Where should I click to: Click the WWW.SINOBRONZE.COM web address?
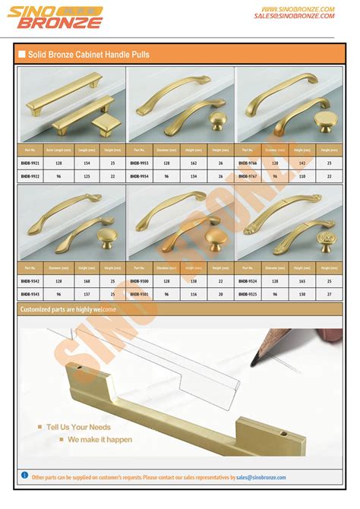pos(296,8)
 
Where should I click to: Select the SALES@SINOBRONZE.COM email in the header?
pos(295,16)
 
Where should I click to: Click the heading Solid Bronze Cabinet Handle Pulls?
pos(89,55)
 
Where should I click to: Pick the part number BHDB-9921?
pos(31,163)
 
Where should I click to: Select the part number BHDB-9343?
pos(31,293)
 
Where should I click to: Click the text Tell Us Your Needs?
pos(78,427)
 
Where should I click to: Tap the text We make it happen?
pos(99,439)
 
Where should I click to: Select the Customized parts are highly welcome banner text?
pos(68,309)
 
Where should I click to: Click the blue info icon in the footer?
pos(24,476)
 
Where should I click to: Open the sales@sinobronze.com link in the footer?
pos(261,477)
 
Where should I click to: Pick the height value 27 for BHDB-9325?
pos(329,293)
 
